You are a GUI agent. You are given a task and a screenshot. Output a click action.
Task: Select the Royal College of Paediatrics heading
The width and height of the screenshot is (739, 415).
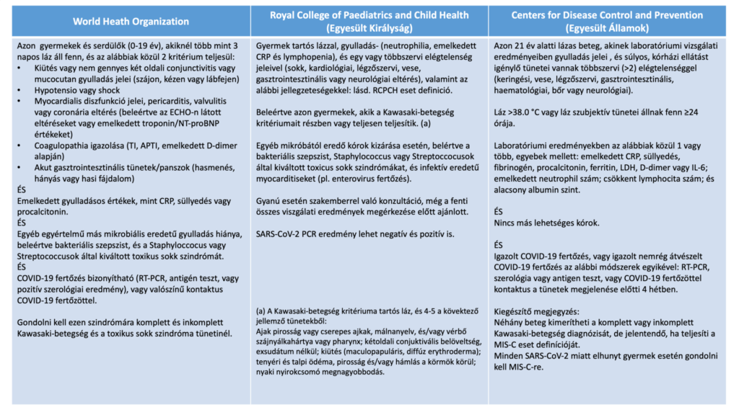369,15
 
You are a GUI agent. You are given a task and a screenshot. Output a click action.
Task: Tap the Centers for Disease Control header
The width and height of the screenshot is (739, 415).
608,15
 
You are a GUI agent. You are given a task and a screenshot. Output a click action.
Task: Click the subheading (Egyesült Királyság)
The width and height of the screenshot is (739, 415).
369,28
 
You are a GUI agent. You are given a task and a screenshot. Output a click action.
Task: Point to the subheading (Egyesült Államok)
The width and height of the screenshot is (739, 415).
608,28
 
